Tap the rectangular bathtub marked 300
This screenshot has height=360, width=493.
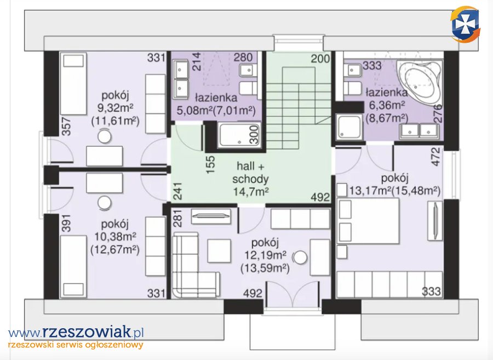(239, 135)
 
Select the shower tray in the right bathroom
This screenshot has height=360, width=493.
(349, 127)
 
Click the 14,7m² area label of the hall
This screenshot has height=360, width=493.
(250, 191)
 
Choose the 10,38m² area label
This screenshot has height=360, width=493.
(115, 237)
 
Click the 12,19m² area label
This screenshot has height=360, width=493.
(265, 255)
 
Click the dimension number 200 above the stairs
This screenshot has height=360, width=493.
(320, 59)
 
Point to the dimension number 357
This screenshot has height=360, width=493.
(66, 127)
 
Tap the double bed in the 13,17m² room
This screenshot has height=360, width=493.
(369, 220)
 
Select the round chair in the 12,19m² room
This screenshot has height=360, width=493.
(300, 258)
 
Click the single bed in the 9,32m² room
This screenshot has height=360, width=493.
(73, 84)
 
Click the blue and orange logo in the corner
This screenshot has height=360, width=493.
(465, 24)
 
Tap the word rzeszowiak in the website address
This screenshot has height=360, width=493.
(86, 332)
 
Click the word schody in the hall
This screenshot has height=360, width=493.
(250, 179)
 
